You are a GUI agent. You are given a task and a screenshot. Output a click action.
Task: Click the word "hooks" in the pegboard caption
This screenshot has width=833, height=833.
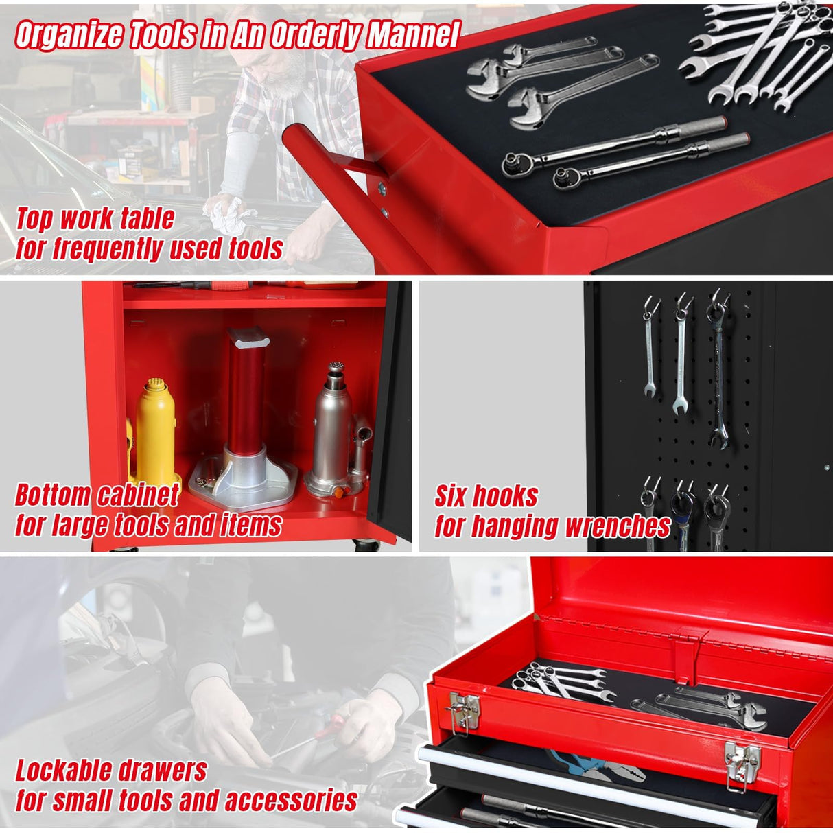tap(506, 495)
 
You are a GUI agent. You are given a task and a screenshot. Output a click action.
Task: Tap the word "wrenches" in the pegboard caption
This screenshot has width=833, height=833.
tap(617, 526)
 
